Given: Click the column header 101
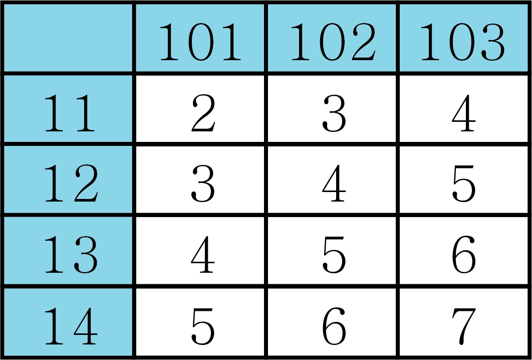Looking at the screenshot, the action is [200, 38].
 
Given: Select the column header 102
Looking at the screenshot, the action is [332, 38].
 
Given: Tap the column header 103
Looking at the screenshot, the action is [464, 38].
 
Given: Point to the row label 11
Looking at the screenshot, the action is [68, 109].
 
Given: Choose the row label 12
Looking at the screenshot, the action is [68, 179].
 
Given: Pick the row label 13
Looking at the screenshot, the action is [68, 251].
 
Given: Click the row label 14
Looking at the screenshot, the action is [68, 321].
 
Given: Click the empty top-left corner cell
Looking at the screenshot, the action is [68, 38].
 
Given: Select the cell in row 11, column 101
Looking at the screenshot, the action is [200, 109].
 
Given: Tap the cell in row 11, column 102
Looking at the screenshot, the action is [332, 109].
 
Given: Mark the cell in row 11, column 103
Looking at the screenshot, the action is [464, 109].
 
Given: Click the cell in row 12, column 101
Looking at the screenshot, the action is [200, 179].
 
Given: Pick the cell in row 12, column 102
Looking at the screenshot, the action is [332, 179].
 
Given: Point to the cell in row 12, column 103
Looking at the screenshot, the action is [464, 179].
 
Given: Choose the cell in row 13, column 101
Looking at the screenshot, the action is [200, 251].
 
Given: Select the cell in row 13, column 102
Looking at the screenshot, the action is [332, 251].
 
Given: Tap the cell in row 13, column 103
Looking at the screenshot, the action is [464, 251].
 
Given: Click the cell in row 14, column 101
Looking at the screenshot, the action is [200, 321].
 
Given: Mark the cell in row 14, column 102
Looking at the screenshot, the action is [332, 321].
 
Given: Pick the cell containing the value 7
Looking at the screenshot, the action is [464, 321].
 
